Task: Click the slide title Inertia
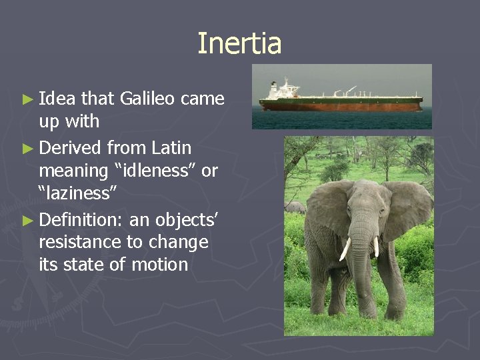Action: pyautogui.click(x=239, y=44)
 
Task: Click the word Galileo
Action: pyautogui.click(x=147, y=99)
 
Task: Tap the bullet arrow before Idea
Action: pyautogui.click(x=27, y=99)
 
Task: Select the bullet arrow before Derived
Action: pyautogui.click(x=27, y=147)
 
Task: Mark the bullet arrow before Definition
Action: pyautogui.click(x=27, y=219)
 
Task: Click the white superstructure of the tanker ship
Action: pyautogui.click(x=284, y=89)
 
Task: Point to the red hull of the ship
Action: pyautogui.click(x=340, y=105)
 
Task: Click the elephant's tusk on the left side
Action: pyautogui.click(x=345, y=249)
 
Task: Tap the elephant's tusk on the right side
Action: pyautogui.click(x=376, y=246)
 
